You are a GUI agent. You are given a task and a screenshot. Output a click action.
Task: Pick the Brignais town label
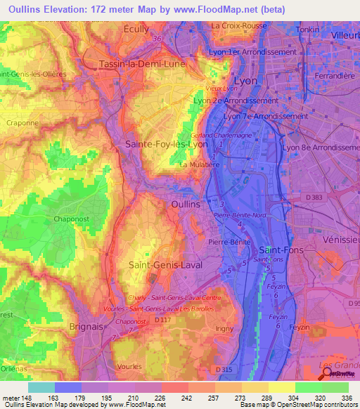86,327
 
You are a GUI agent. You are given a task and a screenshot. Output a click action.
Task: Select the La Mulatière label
198,165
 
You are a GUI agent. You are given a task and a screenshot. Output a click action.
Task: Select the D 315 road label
224,369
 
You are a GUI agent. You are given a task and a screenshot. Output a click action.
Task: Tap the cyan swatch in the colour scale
41,387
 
